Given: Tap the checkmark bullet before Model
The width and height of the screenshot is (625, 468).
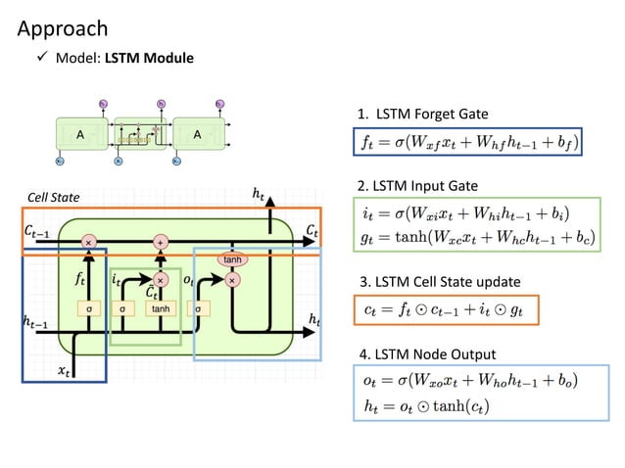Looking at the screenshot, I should pos(42,58).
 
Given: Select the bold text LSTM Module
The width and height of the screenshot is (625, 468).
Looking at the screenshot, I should pos(149,58).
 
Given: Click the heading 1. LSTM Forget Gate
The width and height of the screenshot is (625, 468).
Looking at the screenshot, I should pos(422,116).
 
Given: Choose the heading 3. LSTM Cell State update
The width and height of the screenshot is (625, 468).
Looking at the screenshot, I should pos(437,282).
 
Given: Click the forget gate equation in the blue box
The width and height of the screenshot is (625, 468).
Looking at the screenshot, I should pos(467,144).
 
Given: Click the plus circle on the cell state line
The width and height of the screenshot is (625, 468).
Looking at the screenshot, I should pos(160,241).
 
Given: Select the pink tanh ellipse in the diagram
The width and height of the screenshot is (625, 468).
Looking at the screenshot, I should pos(233,260).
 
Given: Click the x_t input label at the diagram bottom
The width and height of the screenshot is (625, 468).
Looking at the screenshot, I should pos(64,370).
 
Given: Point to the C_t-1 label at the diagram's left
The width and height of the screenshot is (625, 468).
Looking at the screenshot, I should pos(37,231).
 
